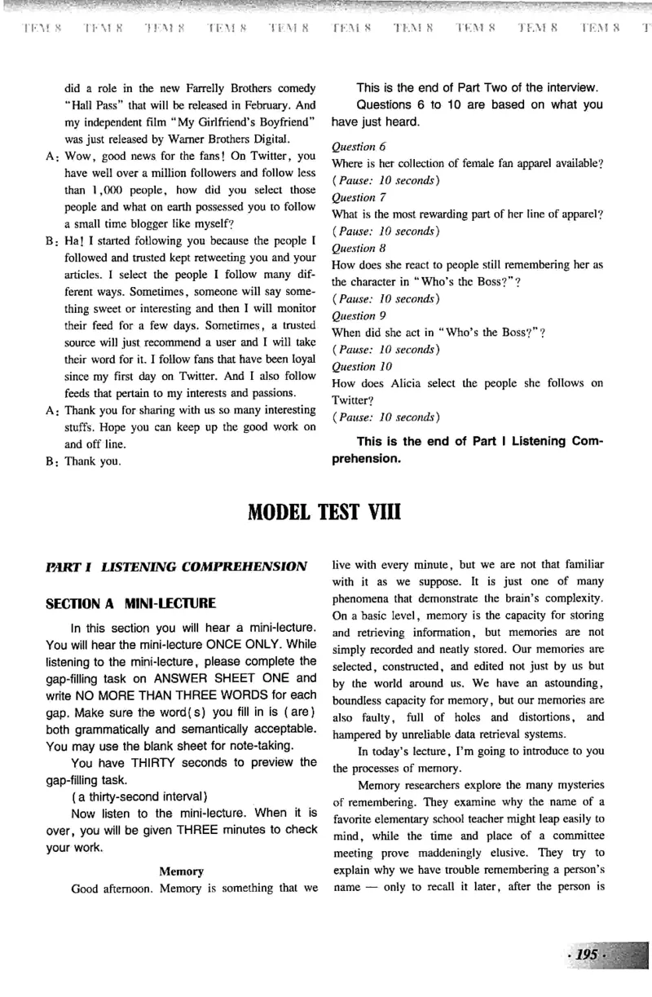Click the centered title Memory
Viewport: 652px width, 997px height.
click(x=181, y=871)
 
